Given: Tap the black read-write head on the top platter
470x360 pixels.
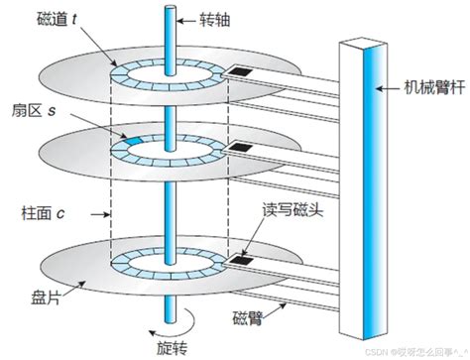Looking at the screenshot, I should [x=240, y=72].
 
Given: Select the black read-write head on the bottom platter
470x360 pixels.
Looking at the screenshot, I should [x=240, y=261].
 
